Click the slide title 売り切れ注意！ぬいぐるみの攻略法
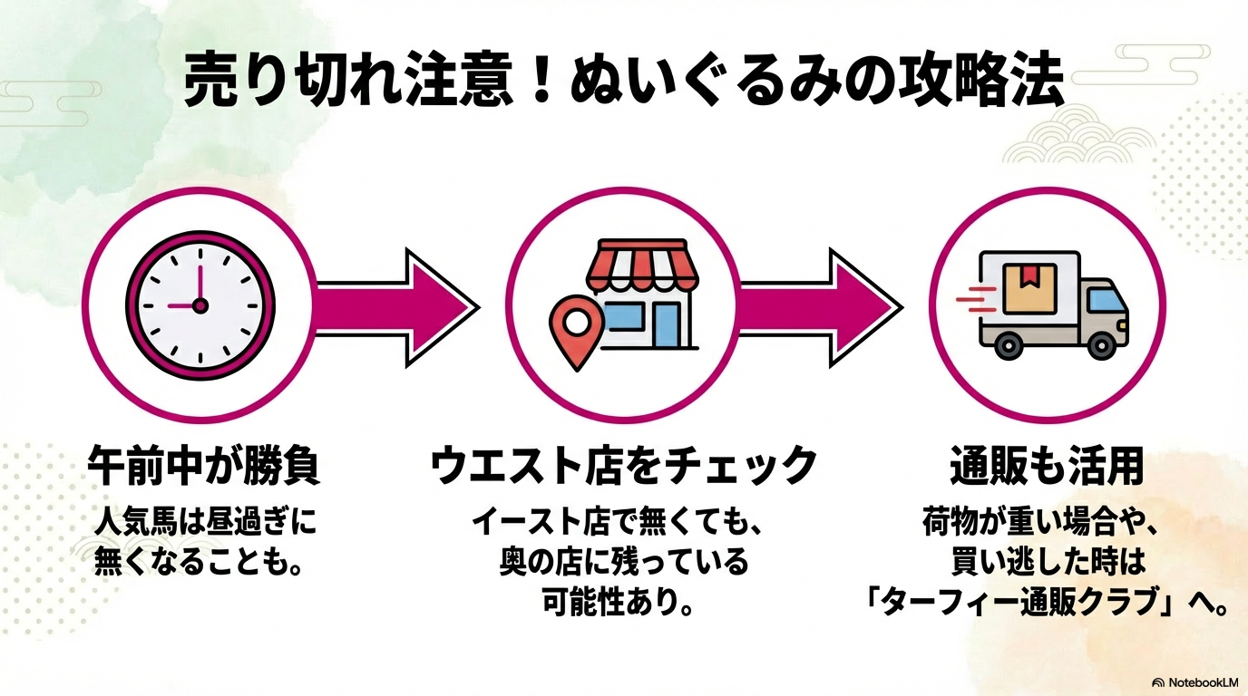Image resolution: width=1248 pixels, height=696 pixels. click(623, 82)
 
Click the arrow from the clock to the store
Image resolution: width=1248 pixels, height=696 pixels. click(397, 306)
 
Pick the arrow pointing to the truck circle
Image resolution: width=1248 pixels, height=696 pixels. click(819, 306)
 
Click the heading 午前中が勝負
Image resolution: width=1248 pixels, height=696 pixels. click(204, 467)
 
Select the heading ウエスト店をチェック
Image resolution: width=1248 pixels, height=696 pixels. click(624, 467)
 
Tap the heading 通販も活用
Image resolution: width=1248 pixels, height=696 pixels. click(1047, 467)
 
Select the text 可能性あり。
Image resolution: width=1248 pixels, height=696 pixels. click(624, 603)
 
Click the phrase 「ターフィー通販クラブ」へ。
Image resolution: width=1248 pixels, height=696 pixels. click(1047, 603)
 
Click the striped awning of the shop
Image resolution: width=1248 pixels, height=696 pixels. click(634, 262)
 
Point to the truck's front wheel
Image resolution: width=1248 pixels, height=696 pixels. click(1101, 343)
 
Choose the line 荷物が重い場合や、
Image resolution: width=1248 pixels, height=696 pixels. click(1047, 523)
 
